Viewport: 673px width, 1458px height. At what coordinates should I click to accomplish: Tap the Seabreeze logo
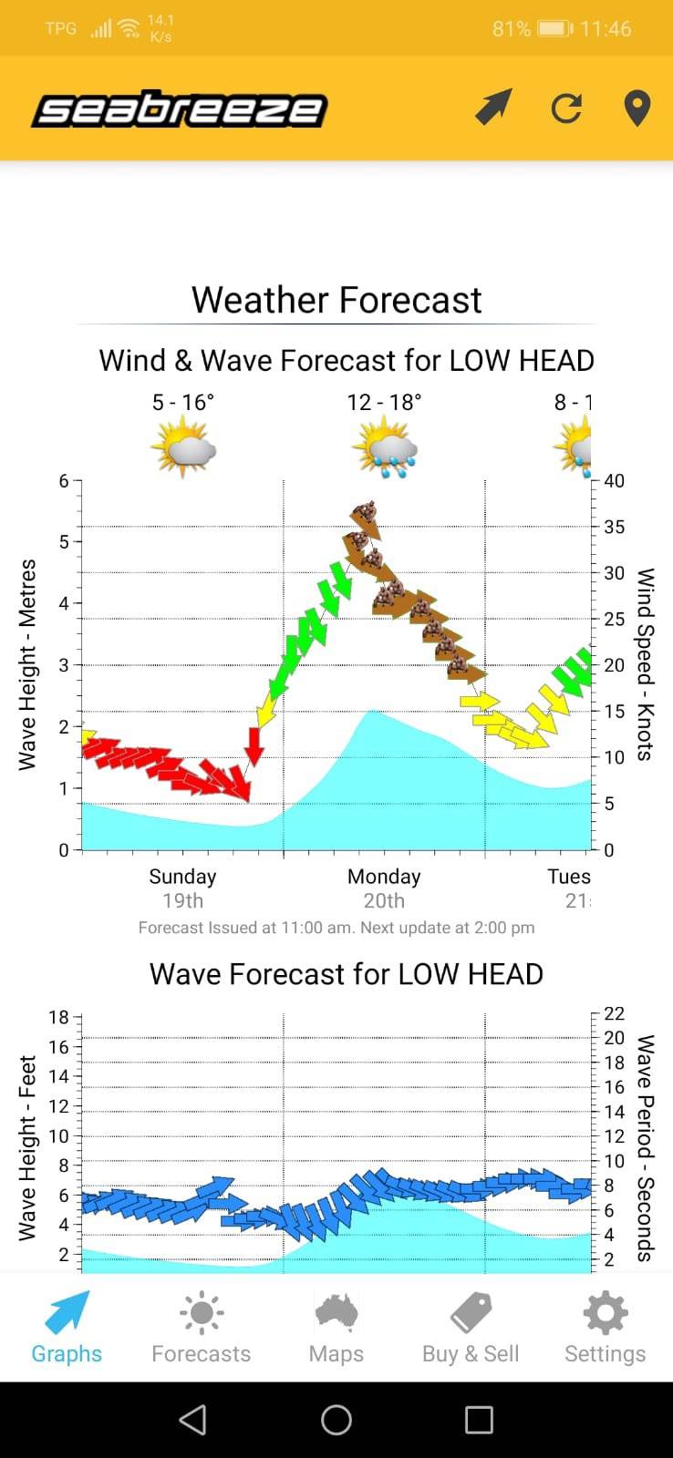pos(179,110)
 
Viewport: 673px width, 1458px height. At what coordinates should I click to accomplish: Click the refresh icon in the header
pos(566,108)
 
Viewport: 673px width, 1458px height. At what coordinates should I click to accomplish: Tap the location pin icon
pos(637,108)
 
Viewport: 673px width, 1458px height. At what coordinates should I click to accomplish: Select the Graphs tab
pos(67,1328)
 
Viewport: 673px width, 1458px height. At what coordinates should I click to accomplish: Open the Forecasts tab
pos(201,1328)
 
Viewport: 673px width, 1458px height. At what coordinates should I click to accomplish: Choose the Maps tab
pos(336,1328)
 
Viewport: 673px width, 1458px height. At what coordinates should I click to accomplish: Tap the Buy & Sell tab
pos(471,1328)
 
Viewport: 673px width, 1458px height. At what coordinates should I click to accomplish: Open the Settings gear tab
pos(605,1328)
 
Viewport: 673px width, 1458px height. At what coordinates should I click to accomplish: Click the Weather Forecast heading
pos(336,300)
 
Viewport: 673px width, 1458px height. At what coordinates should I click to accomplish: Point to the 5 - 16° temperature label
pos(182,402)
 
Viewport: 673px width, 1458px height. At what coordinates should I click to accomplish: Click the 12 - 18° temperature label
pos(384,402)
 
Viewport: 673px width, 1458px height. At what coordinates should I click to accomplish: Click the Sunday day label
pos(182,877)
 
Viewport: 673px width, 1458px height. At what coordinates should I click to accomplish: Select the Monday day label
pos(384,877)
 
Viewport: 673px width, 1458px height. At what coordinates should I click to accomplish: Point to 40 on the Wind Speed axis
pos(614,481)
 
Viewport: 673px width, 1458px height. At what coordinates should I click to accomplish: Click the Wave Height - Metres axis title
pos(28,664)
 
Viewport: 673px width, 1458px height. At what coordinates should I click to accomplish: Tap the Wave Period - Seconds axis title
pos(646,1147)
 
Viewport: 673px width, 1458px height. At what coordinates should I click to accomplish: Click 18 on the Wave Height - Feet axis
pos(58,1018)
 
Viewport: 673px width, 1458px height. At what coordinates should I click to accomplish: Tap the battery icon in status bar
pos(554,28)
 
